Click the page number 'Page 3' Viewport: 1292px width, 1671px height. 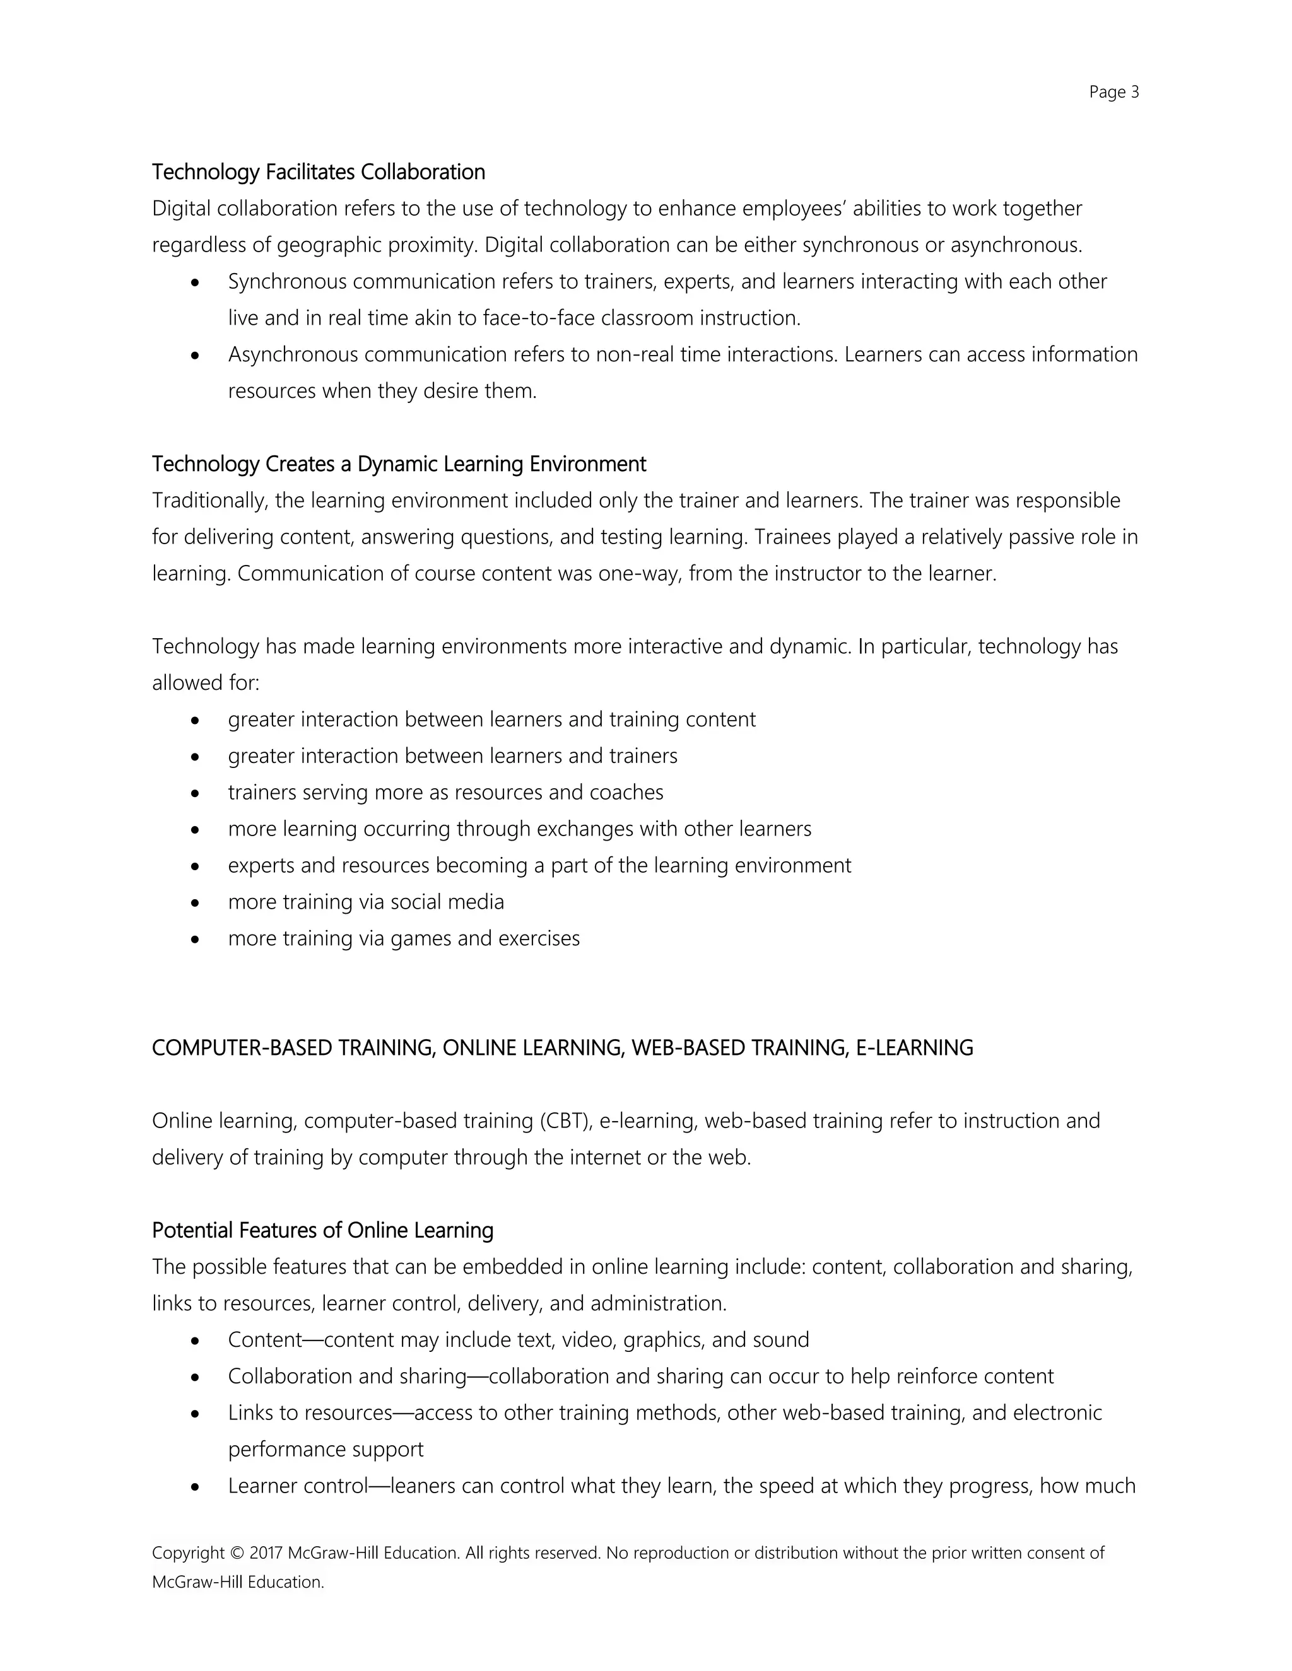(1113, 93)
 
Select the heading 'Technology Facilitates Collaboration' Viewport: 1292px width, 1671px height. (319, 172)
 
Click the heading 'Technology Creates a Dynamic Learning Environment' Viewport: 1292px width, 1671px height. (399, 465)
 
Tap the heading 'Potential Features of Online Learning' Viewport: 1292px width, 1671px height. (322, 1230)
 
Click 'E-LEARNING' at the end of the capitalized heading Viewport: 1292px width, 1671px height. (914, 1048)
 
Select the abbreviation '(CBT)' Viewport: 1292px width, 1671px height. (567, 1121)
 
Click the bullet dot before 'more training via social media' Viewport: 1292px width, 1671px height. (196, 903)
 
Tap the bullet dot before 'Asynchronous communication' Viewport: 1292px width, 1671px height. (196, 356)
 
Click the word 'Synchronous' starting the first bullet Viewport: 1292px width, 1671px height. (288, 282)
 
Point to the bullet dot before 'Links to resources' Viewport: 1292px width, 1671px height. (196, 1414)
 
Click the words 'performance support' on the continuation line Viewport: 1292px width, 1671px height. (326, 1450)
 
